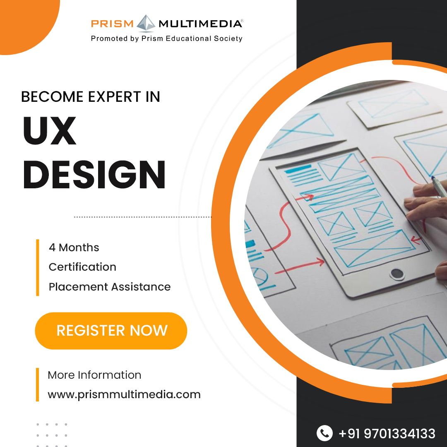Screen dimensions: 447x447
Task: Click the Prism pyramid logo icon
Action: (146, 23)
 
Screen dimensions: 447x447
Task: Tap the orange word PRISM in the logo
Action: (112, 24)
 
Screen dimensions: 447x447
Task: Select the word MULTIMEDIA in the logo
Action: (200, 24)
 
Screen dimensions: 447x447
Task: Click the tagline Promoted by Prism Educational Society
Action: (166, 38)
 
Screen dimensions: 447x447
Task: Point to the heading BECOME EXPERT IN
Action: (91, 96)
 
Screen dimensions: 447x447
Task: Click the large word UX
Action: (50, 131)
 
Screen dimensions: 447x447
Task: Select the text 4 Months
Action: (74, 248)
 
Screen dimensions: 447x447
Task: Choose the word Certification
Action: (82, 267)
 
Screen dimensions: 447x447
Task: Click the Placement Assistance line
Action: (110, 286)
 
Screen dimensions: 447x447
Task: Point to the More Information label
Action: (94, 375)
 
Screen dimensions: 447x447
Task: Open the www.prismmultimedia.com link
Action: (124, 394)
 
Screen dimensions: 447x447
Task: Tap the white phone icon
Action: (324, 433)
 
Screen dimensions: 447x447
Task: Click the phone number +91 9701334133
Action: (387, 433)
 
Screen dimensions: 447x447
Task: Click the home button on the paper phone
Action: (397, 274)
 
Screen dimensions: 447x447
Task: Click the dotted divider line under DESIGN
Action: (143, 216)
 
